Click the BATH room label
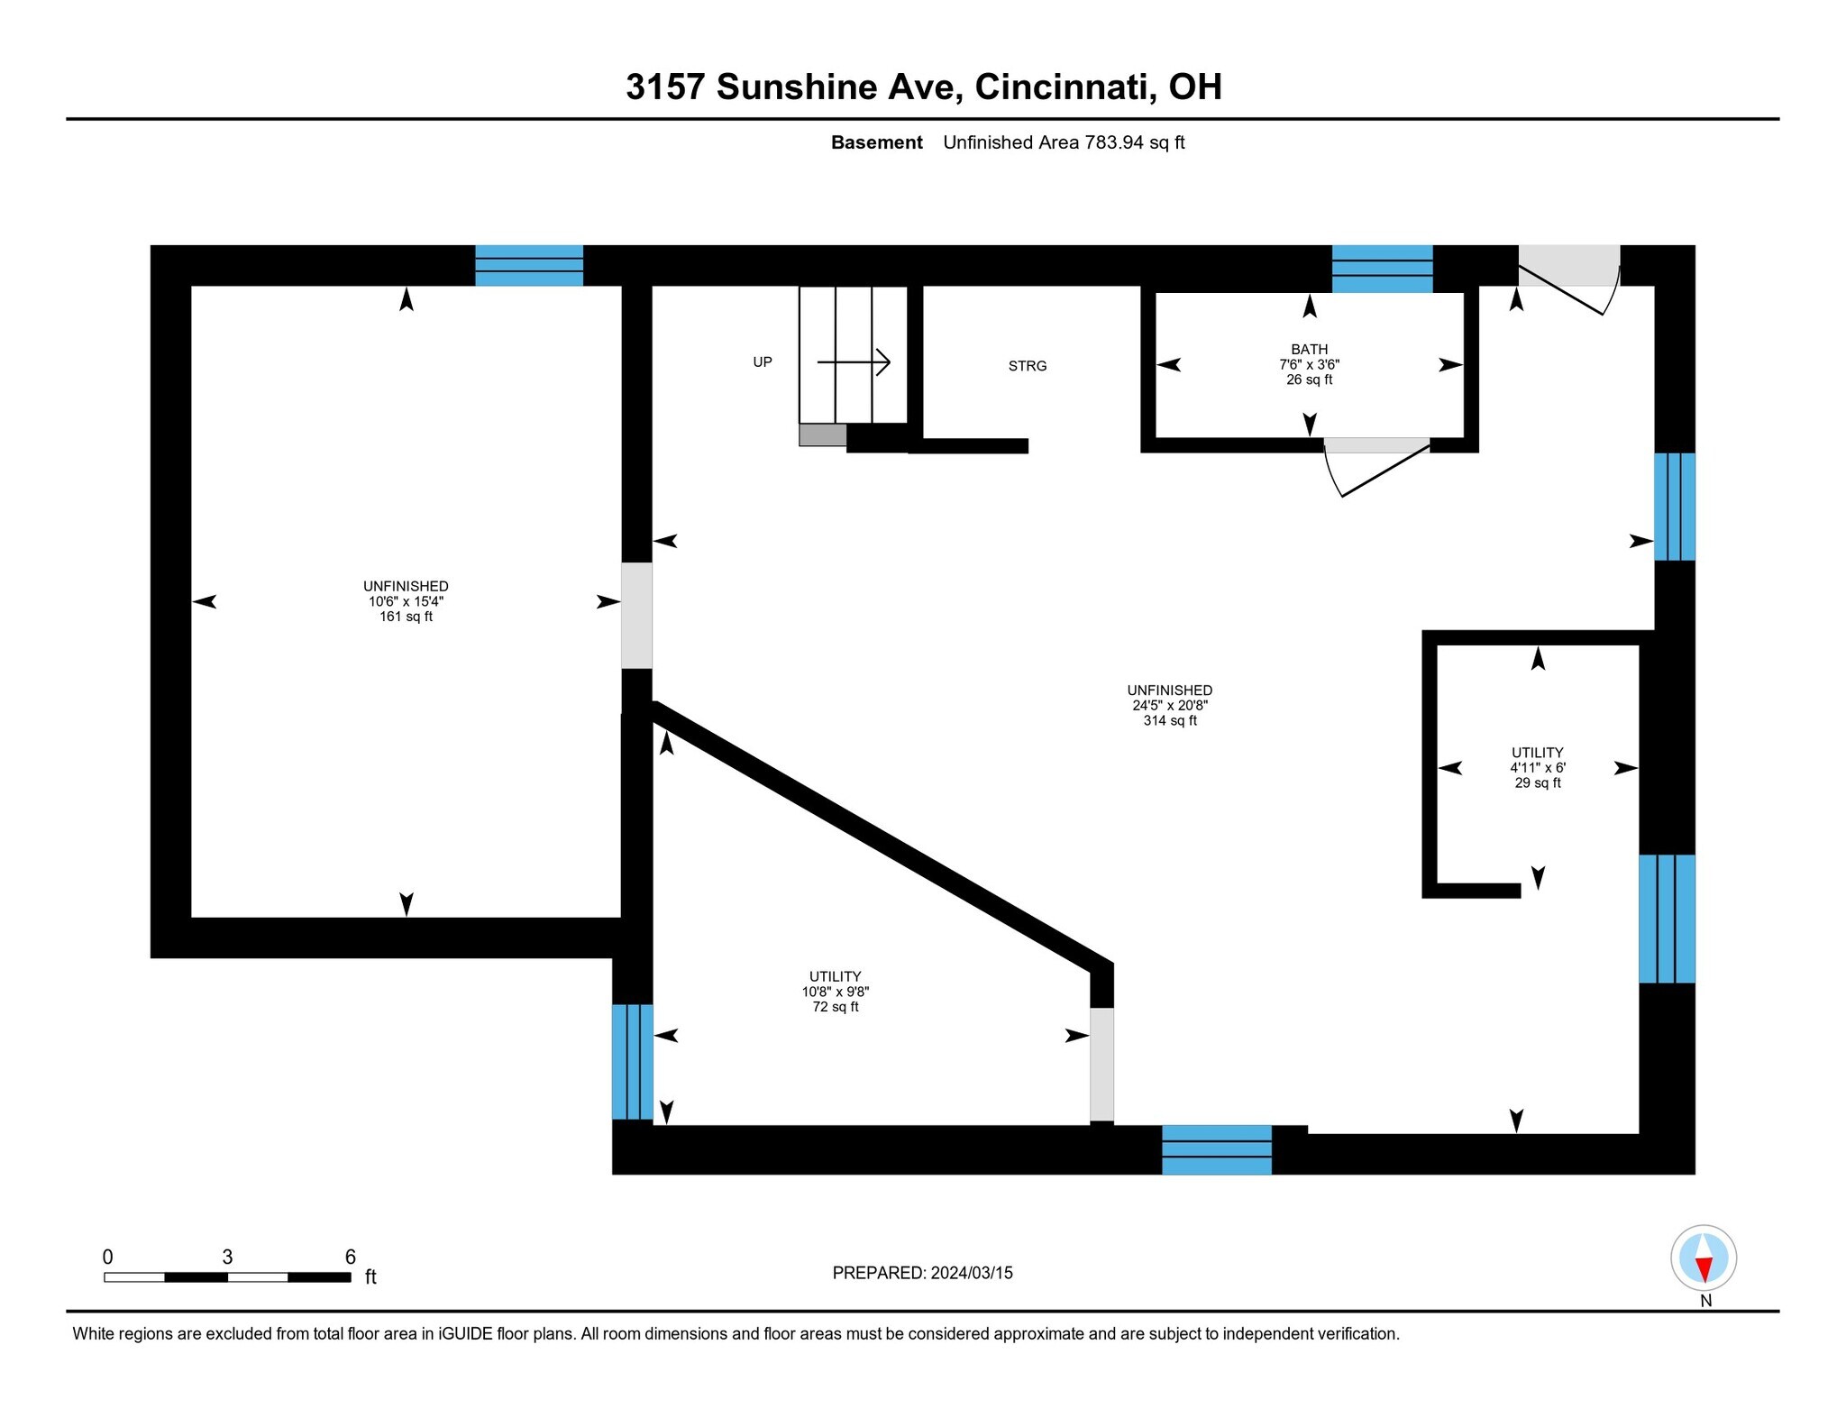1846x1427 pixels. pos(1309,349)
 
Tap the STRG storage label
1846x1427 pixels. pos(1028,366)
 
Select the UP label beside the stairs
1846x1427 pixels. pos(763,362)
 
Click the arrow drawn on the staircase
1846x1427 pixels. pos(854,362)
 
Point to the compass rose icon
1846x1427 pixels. pos(1704,1258)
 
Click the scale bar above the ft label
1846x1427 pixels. pos(227,1276)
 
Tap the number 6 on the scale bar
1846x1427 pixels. pos(351,1257)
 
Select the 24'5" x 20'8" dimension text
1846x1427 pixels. pos(1170,706)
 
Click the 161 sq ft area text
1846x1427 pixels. pos(406,617)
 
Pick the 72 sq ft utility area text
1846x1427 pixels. pos(836,1007)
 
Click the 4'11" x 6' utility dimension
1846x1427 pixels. pos(1538,768)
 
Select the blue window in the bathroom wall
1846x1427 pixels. pos(1382,269)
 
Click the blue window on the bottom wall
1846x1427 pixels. pos(1217,1149)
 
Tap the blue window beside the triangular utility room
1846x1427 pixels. pos(633,1062)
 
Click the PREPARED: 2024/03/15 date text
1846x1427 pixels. pos(922,1273)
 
